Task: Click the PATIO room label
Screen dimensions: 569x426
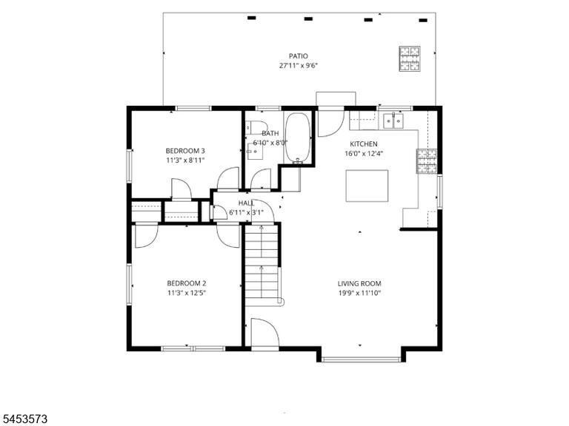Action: (x=299, y=56)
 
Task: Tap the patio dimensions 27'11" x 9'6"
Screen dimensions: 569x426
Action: (x=299, y=66)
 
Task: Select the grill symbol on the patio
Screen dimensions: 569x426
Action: (x=410, y=58)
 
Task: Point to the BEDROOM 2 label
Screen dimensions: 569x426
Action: (x=187, y=283)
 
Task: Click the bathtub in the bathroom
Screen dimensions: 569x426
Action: (x=298, y=138)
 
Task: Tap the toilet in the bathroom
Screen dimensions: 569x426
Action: (x=256, y=126)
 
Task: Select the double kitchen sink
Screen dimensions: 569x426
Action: (x=393, y=121)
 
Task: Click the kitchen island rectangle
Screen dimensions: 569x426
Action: (x=367, y=186)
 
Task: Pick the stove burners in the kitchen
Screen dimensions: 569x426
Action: (x=427, y=161)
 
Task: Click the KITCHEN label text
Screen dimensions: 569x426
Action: (x=364, y=143)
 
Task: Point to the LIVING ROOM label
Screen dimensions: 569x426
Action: (x=359, y=284)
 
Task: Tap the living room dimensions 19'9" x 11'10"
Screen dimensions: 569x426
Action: (x=359, y=293)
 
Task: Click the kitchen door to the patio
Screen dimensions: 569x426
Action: (x=330, y=123)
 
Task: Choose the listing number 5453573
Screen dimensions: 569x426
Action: (x=24, y=419)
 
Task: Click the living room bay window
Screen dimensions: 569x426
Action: (x=361, y=359)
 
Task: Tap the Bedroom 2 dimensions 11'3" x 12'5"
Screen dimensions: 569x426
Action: (x=187, y=293)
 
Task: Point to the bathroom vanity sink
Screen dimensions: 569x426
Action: (x=255, y=152)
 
